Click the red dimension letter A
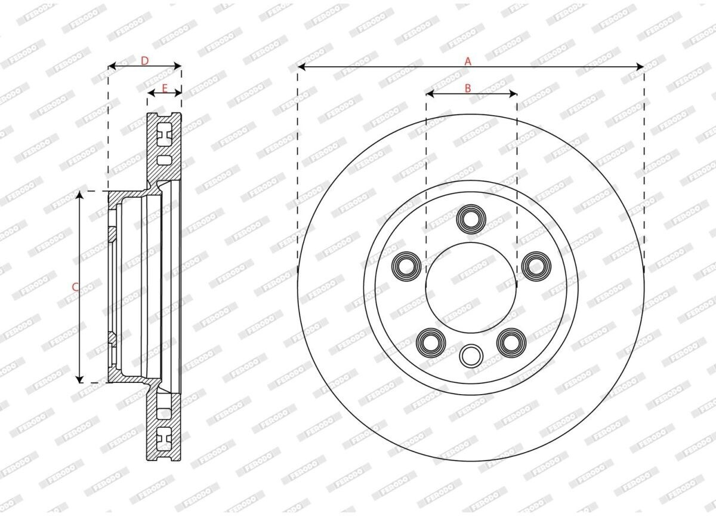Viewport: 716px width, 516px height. [x=468, y=61]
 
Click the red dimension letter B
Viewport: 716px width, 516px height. [x=468, y=88]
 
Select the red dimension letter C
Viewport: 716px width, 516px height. [x=75, y=287]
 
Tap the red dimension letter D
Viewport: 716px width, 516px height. [x=145, y=60]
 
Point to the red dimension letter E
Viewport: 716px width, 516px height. [x=165, y=88]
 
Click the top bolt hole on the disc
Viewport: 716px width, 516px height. [x=471, y=219]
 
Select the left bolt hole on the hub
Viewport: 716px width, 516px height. [x=406, y=266]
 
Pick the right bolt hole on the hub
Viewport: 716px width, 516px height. [x=536, y=266]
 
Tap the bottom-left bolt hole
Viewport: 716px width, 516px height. [x=431, y=343]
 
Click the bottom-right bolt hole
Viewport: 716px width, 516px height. [x=511, y=343]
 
